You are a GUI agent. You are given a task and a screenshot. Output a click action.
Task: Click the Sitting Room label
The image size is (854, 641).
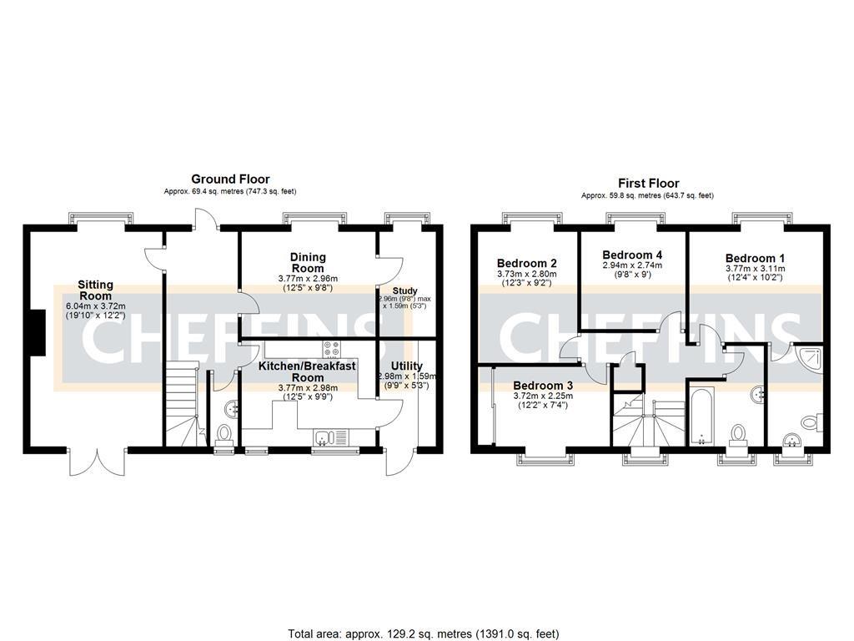tap(95, 290)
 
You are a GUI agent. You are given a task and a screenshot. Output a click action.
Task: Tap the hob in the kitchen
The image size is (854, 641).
tap(331, 350)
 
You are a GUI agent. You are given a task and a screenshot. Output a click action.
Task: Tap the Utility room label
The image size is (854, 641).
tap(406, 366)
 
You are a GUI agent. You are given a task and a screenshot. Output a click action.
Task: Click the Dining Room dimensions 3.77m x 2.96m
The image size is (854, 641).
tap(309, 279)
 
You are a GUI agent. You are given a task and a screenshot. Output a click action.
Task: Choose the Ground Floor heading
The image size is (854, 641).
tap(230, 179)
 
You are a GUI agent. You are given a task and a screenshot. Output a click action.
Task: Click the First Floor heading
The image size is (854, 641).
tap(648, 184)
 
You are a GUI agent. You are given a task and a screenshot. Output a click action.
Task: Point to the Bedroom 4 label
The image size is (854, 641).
tap(632, 255)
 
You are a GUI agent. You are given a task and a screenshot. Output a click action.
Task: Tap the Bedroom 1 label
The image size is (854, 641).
tap(754, 258)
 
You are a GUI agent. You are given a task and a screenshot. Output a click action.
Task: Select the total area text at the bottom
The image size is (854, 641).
tap(424, 634)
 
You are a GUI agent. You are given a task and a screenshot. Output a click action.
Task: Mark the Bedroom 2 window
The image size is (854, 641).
tap(528, 219)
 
